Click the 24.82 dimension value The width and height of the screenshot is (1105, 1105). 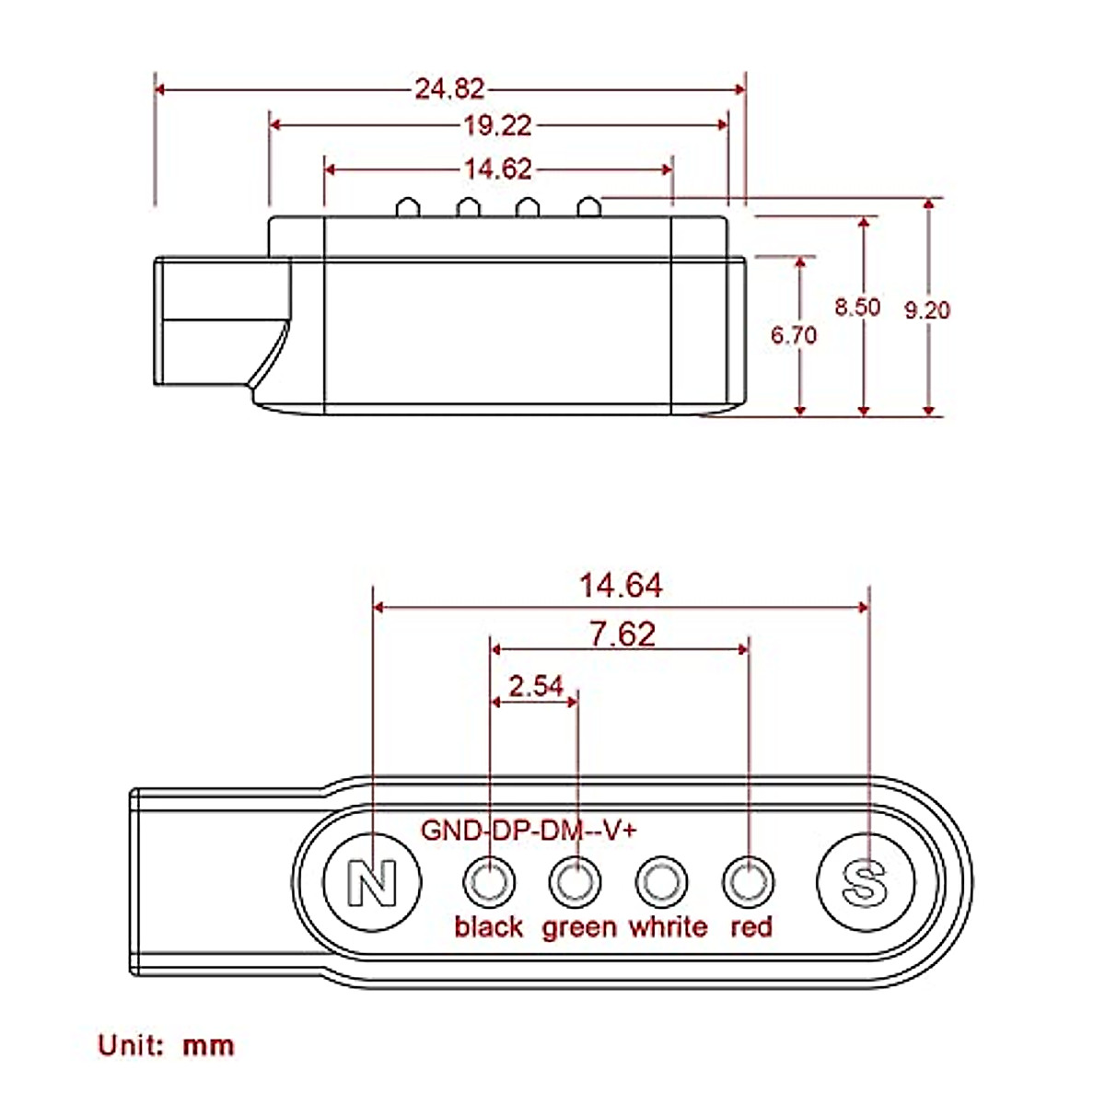(x=449, y=89)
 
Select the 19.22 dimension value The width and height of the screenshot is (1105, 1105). (x=497, y=125)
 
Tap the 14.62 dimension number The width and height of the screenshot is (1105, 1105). (x=497, y=169)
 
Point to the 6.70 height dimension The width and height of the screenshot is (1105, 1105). (x=793, y=335)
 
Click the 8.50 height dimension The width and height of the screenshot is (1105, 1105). (x=857, y=307)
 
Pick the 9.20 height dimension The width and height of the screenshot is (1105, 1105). (x=925, y=310)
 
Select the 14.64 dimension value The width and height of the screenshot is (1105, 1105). (x=621, y=586)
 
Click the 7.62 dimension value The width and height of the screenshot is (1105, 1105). (x=622, y=634)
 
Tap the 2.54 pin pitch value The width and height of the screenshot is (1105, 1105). (x=536, y=686)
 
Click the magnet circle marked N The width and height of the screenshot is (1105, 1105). (x=373, y=882)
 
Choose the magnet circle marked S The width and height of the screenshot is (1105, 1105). (x=866, y=882)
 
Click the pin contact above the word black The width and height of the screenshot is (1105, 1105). (x=488, y=882)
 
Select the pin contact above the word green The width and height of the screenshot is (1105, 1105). (x=575, y=882)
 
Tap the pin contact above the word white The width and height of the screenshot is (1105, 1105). (x=661, y=882)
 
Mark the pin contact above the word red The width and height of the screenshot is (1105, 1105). (x=748, y=882)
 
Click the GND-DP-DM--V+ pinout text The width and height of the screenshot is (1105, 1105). (x=529, y=830)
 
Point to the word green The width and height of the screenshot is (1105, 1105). (x=579, y=927)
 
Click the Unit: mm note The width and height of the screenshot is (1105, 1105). (x=167, y=1045)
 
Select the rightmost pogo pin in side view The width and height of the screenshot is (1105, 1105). (x=588, y=207)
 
